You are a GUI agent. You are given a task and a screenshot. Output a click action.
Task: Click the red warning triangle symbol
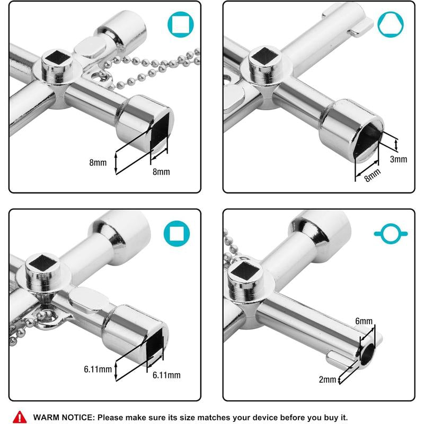pos(20,416)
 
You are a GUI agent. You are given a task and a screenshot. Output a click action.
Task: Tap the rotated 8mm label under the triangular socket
pos(373,174)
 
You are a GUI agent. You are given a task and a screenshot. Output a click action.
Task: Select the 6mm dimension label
pos(364,321)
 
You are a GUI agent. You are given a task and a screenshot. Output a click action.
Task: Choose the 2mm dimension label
pos(328,379)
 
